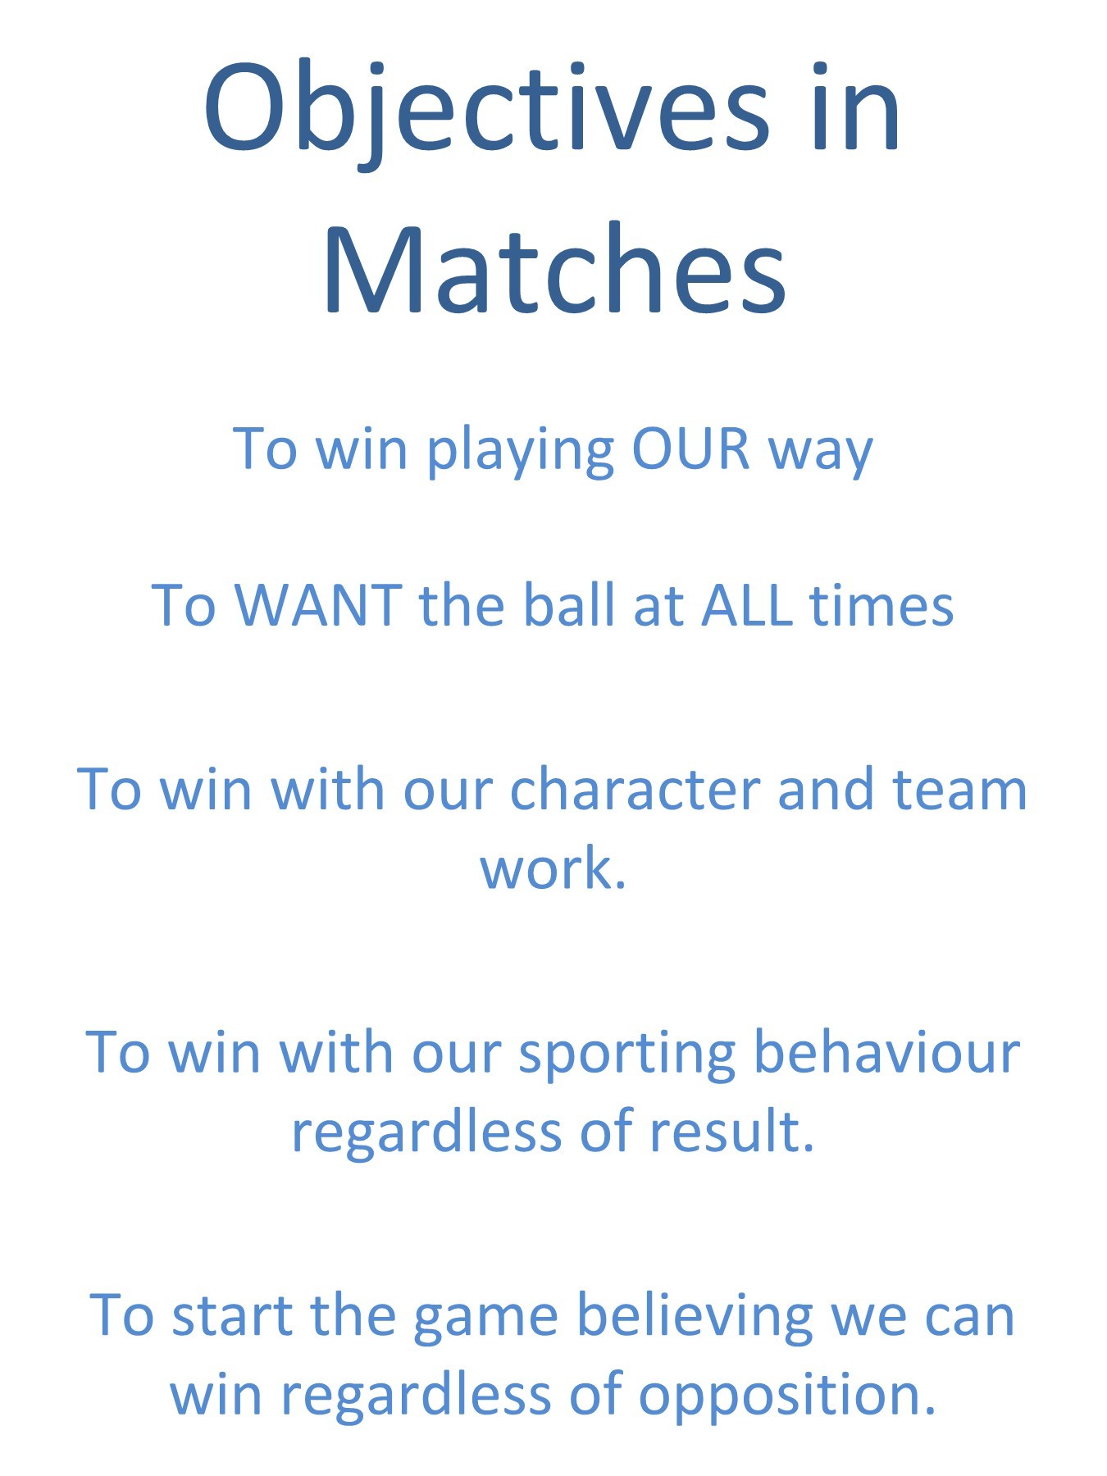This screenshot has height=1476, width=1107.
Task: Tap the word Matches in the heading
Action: point(555,271)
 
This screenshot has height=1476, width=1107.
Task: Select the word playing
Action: point(521,451)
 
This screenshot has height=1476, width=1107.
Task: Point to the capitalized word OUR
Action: point(690,449)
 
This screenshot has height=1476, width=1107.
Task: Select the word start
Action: point(233,1315)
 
